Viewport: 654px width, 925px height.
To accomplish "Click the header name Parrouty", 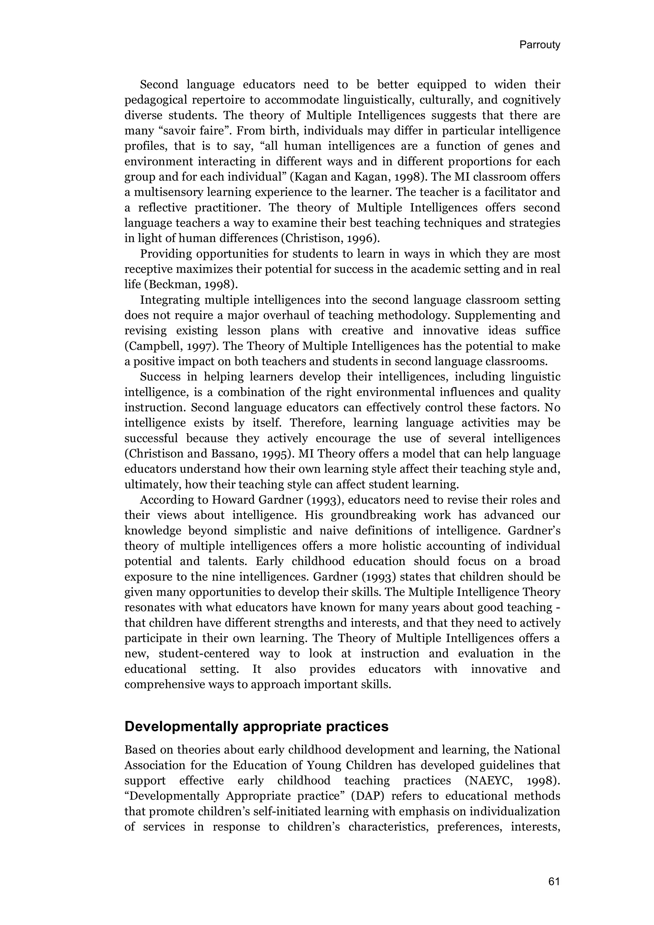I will coord(539,45).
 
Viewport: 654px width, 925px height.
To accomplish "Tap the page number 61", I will coord(554,882).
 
